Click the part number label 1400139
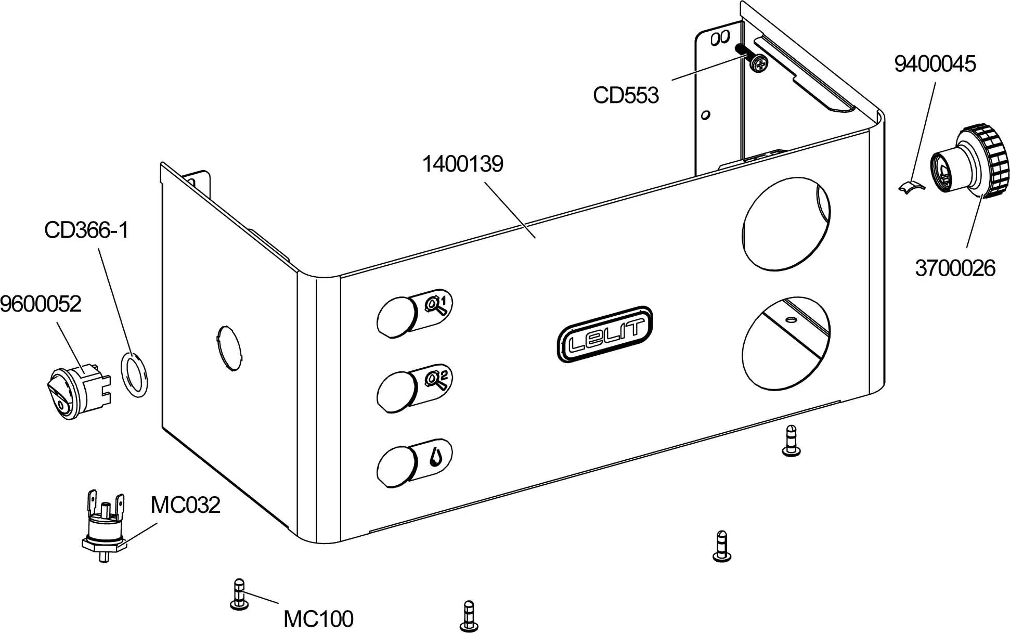point(462,164)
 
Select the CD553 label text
point(626,95)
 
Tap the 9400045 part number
point(935,64)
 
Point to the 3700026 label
point(955,268)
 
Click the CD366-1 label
point(86,230)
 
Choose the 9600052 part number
point(41,304)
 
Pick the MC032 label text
point(185,505)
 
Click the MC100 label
point(318,619)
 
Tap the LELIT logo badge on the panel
point(604,334)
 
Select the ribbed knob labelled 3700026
point(974,162)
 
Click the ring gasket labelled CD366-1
point(134,375)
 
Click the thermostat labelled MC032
point(104,528)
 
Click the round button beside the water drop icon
point(397,466)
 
